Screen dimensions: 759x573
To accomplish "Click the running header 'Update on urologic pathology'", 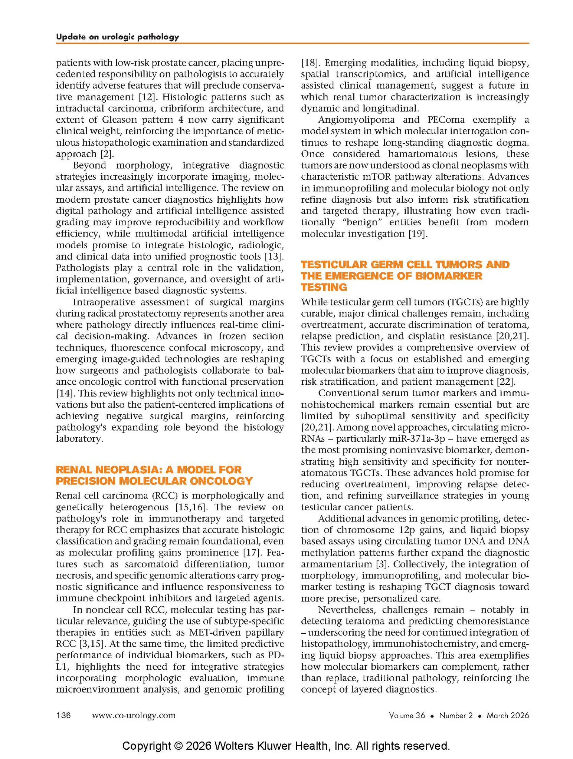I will click(x=117, y=37).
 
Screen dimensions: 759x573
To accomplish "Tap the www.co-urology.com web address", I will click(x=134, y=715).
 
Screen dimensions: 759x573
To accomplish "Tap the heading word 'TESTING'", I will click(x=324, y=287).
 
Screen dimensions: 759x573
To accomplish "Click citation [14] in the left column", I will click(x=63, y=393).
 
